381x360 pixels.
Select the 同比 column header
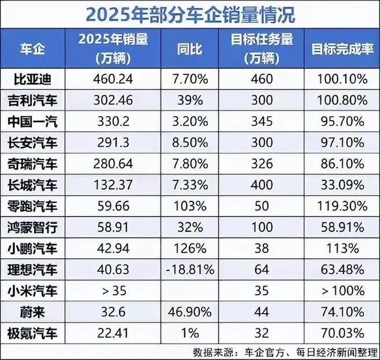point(189,49)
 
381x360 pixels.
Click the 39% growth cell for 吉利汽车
point(189,99)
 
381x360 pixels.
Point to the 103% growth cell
point(189,206)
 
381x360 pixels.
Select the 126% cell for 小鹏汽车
point(189,248)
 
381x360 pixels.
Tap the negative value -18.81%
point(189,269)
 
